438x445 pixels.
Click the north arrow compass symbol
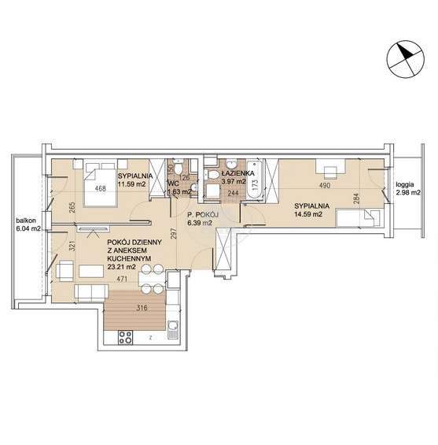(406, 60)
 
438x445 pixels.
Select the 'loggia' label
(405, 184)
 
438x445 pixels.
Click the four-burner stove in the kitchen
(125, 337)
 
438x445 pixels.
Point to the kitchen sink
(173, 329)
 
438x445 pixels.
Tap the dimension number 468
(101, 188)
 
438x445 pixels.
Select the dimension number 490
(325, 186)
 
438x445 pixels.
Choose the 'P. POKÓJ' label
(203, 214)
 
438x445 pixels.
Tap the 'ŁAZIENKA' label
(238, 173)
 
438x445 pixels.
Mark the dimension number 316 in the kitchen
(142, 308)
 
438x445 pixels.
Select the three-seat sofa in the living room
(91, 293)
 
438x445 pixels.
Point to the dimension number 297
(174, 233)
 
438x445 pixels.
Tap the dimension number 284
(356, 198)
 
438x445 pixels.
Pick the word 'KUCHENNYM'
(129, 258)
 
